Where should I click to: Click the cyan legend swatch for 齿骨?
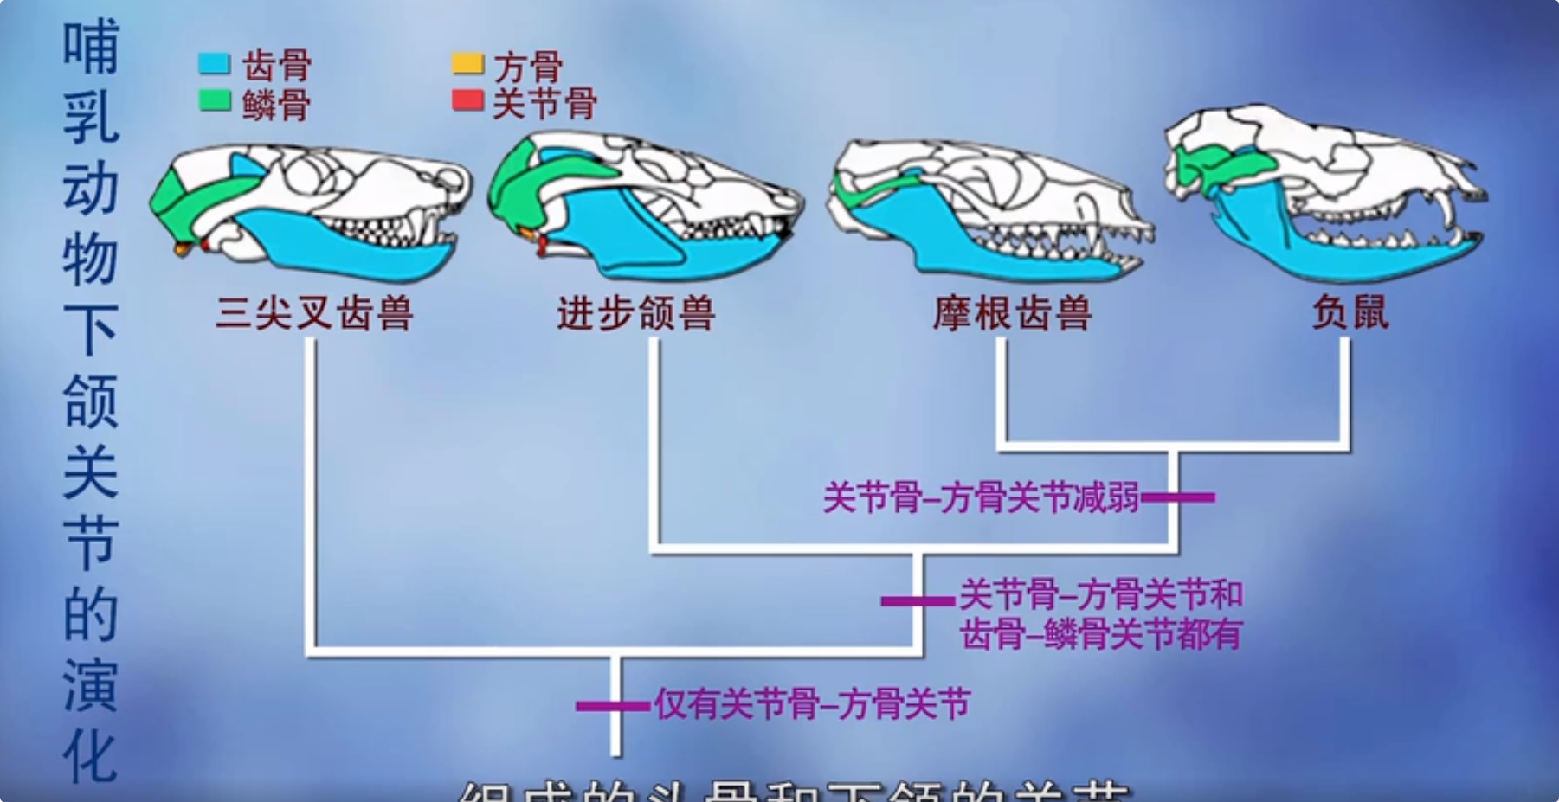tap(214, 64)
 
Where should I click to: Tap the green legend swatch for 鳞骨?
tap(214, 101)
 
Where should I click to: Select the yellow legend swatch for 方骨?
tap(467, 63)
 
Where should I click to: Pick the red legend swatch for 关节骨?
tap(467, 99)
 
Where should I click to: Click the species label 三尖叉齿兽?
tap(314, 313)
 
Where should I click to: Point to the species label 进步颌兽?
tap(636, 313)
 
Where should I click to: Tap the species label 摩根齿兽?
tap(1012, 313)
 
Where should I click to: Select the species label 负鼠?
tap(1350, 313)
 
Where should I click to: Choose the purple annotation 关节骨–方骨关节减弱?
tap(980, 498)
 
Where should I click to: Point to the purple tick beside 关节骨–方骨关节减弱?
tap(1178, 497)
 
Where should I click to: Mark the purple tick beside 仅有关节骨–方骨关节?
tap(614, 706)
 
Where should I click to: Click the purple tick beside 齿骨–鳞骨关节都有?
tap(918, 600)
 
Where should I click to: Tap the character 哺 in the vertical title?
tap(90, 48)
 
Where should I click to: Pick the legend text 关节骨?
tap(544, 103)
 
